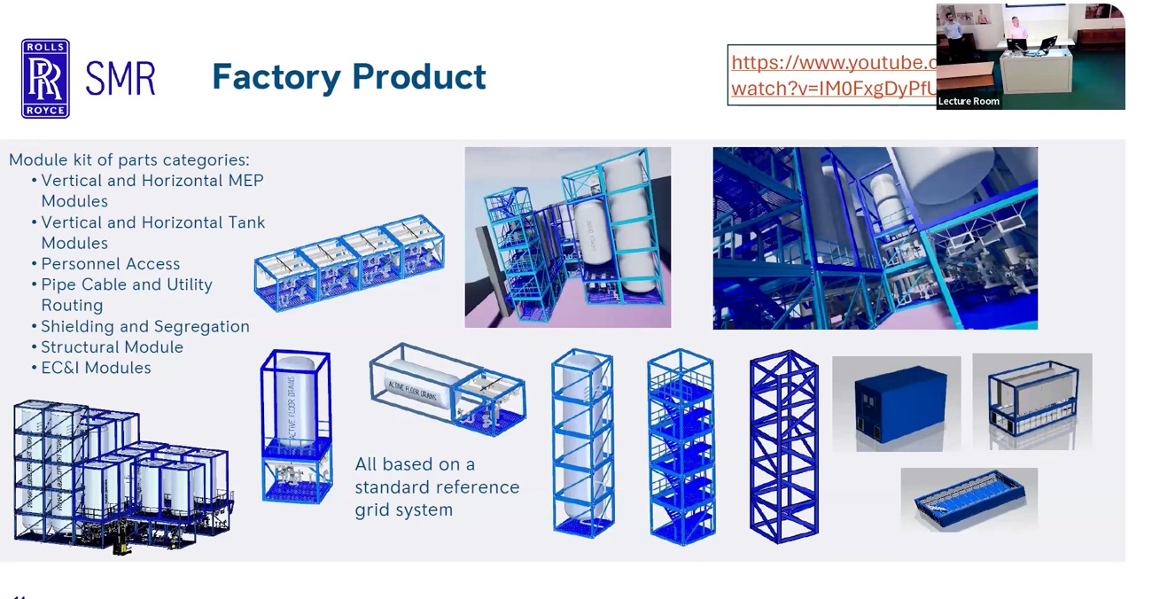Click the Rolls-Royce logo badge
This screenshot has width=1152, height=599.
(x=45, y=78)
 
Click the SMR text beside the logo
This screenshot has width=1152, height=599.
(x=121, y=79)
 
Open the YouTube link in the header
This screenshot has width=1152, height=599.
(x=831, y=75)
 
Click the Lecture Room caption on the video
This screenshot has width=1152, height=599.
(x=969, y=101)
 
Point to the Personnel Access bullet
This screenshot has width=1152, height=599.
(x=110, y=264)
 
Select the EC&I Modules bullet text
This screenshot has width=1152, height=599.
(x=96, y=368)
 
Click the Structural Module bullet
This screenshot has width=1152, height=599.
(x=112, y=347)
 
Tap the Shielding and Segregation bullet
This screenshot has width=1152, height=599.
(x=144, y=326)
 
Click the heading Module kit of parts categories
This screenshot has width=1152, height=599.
(x=129, y=160)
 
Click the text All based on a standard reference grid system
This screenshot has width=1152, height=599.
(x=436, y=486)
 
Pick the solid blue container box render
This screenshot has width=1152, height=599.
(x=896, y=404)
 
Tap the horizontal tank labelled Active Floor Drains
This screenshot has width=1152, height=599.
(x=421, y=385)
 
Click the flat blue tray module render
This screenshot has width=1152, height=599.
(x=969, y=499)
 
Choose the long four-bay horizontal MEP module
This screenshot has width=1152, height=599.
(x=349, y=261)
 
